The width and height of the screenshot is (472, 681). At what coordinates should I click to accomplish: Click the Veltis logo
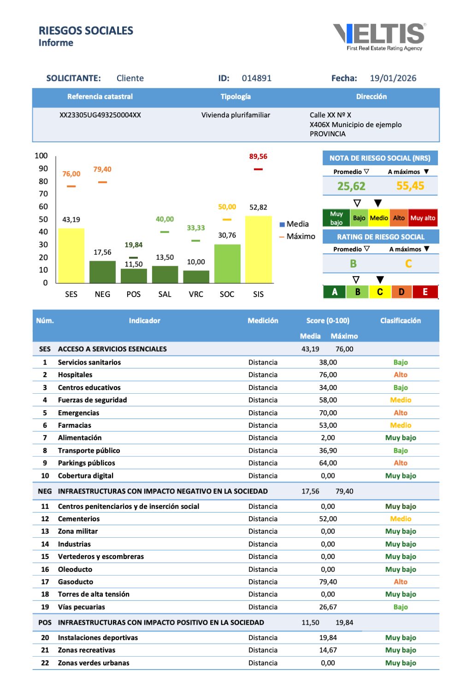(379, 36)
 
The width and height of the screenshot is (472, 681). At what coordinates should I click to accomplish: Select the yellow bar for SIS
(258, 249)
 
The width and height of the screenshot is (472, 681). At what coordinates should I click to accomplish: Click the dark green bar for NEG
(102, 272)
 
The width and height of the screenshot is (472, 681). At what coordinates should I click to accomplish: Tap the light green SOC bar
(227, 263)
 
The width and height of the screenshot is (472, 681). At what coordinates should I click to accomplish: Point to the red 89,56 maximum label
(258, 157)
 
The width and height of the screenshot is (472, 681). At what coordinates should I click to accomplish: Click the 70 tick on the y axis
(43, 194)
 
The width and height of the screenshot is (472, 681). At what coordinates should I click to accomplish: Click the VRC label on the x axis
(196, 294)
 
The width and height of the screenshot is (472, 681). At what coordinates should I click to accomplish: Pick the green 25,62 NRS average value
(351, 186)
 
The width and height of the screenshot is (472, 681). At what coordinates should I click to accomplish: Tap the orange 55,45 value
(410, 186)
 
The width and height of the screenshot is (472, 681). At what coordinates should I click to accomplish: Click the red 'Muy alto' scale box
(423, 218)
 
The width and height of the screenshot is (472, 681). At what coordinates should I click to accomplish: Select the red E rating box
(425, 292)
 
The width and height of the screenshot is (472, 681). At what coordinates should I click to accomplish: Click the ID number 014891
(257, 78)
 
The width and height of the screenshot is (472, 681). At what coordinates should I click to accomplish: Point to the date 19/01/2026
(393, 78)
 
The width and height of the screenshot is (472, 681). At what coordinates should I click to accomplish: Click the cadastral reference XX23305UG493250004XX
(100, 115)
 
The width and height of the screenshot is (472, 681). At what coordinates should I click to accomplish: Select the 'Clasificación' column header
(400, 320)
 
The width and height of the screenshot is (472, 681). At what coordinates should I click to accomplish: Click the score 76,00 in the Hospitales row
(328, 375)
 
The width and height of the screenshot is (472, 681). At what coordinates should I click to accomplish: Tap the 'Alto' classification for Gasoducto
(401, 582)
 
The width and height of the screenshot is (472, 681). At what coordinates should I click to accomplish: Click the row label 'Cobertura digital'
(85, 476)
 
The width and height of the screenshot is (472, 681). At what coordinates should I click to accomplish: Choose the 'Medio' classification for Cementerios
(401, 519)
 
